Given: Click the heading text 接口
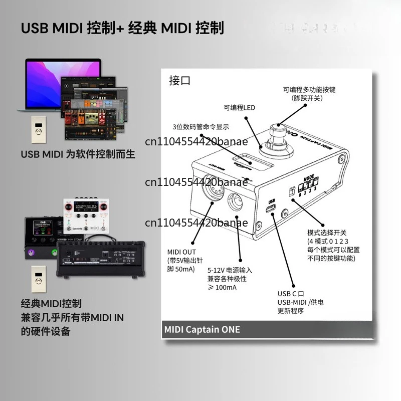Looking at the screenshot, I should [180, 81].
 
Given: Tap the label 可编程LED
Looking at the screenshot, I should [240, 107].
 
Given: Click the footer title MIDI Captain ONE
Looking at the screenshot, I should [203, 329].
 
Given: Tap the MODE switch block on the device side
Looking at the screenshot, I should [308, 185].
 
